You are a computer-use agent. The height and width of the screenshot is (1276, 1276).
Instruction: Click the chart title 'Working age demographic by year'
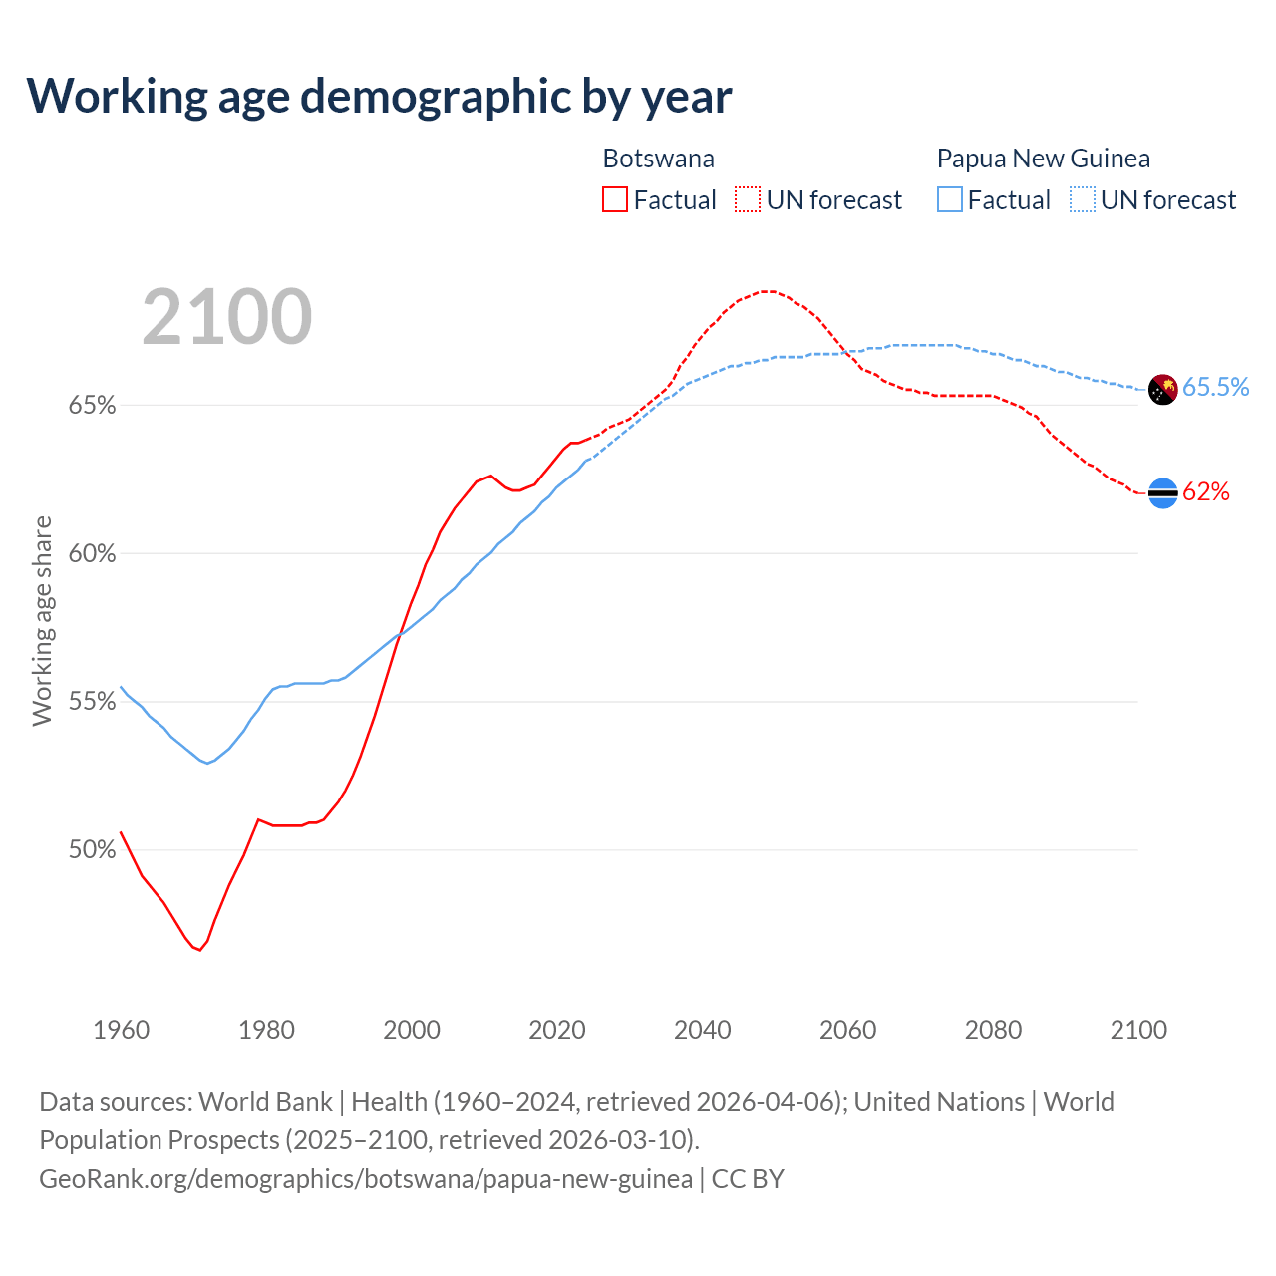pyautogui.click(x=379, y=96)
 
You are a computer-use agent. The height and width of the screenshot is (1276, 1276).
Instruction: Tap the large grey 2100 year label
pyautogui.click(x=227, y=317)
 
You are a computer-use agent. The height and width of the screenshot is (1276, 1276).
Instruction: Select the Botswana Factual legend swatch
pyautogui.click(x=615, y=200)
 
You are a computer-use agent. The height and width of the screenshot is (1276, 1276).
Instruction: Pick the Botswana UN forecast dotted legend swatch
pyautogui.click(x=748, y=200)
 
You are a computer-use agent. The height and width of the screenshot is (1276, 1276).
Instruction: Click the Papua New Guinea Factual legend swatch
pyautogui.click(x=950, y=200)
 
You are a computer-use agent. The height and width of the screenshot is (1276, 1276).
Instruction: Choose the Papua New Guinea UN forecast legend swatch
pyautogui.click(x=1083, y=200)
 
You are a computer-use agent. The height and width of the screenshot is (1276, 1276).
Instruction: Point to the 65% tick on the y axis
pyautogui.click(x=92, y=406)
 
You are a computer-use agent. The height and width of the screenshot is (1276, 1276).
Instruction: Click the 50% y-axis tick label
pyautogui.click(x=92, y=850)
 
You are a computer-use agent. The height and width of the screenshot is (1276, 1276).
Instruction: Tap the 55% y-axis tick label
pyautogui.click(x=92, y=702)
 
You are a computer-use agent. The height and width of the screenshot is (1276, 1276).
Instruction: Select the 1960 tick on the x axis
pyautogui.click(x=122, y=1030)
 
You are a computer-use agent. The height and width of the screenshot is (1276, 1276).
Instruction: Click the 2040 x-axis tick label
pyautogui.click(x=703, y=1030)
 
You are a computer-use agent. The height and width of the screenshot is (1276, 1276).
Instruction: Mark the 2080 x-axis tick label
pyautogui.click(x=993, y=1030)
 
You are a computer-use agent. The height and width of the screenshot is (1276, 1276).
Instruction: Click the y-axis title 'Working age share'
pyautogui.click(x=42, y=621)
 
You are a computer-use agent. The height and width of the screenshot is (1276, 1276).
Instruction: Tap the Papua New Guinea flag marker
pyautogui.click(x=1163, y=389)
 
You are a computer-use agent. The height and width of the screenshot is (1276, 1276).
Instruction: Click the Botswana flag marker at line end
pyautogui.click(x=1163, y=492)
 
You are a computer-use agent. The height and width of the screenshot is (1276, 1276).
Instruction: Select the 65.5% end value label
pyautogui.click(x=1215, y=388)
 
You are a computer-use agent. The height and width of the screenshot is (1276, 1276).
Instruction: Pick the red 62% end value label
pyautogui.click(x=1206, y=492)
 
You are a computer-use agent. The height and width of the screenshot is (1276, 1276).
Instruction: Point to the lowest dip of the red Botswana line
pyautogui.click(x=199, y=950)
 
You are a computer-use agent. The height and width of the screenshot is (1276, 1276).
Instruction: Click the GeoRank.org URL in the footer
pyautogui.click(x=365, y=1179)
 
